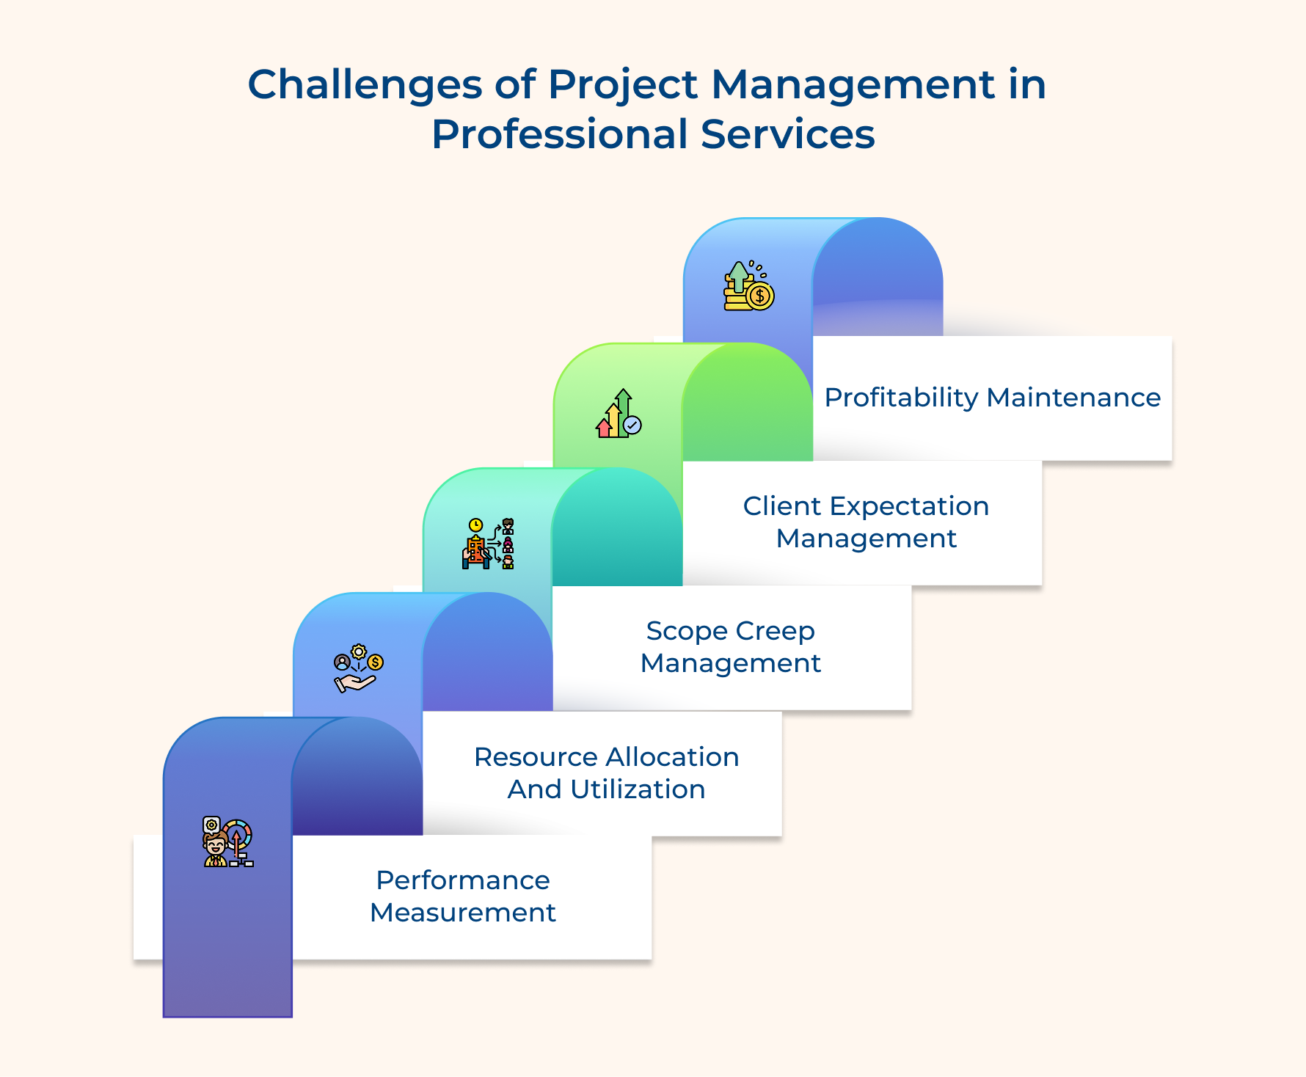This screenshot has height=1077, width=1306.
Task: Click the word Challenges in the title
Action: pos(364,85)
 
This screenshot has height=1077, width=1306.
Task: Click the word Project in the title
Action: pos(622,85)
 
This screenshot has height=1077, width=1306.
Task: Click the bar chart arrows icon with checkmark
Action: pos(619,415)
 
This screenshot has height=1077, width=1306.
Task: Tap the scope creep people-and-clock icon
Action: pos(488,544)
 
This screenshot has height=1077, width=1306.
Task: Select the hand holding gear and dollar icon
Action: pos(358,668)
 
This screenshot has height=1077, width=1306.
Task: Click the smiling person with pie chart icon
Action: pos(227,842)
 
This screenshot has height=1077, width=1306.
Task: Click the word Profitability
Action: pos(901,398)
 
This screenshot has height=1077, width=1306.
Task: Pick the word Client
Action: pos(781,506)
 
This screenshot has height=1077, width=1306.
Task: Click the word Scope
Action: pos(687,631)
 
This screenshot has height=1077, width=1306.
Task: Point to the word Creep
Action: pos(776,631)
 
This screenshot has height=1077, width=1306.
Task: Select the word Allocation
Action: pos(673,757)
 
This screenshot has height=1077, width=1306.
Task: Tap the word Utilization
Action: pos(638,789)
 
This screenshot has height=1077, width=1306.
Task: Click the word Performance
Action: pos(463,880)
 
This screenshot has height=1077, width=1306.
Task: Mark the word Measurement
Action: pos(463,913)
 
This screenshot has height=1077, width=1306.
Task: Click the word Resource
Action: pos(536,757)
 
